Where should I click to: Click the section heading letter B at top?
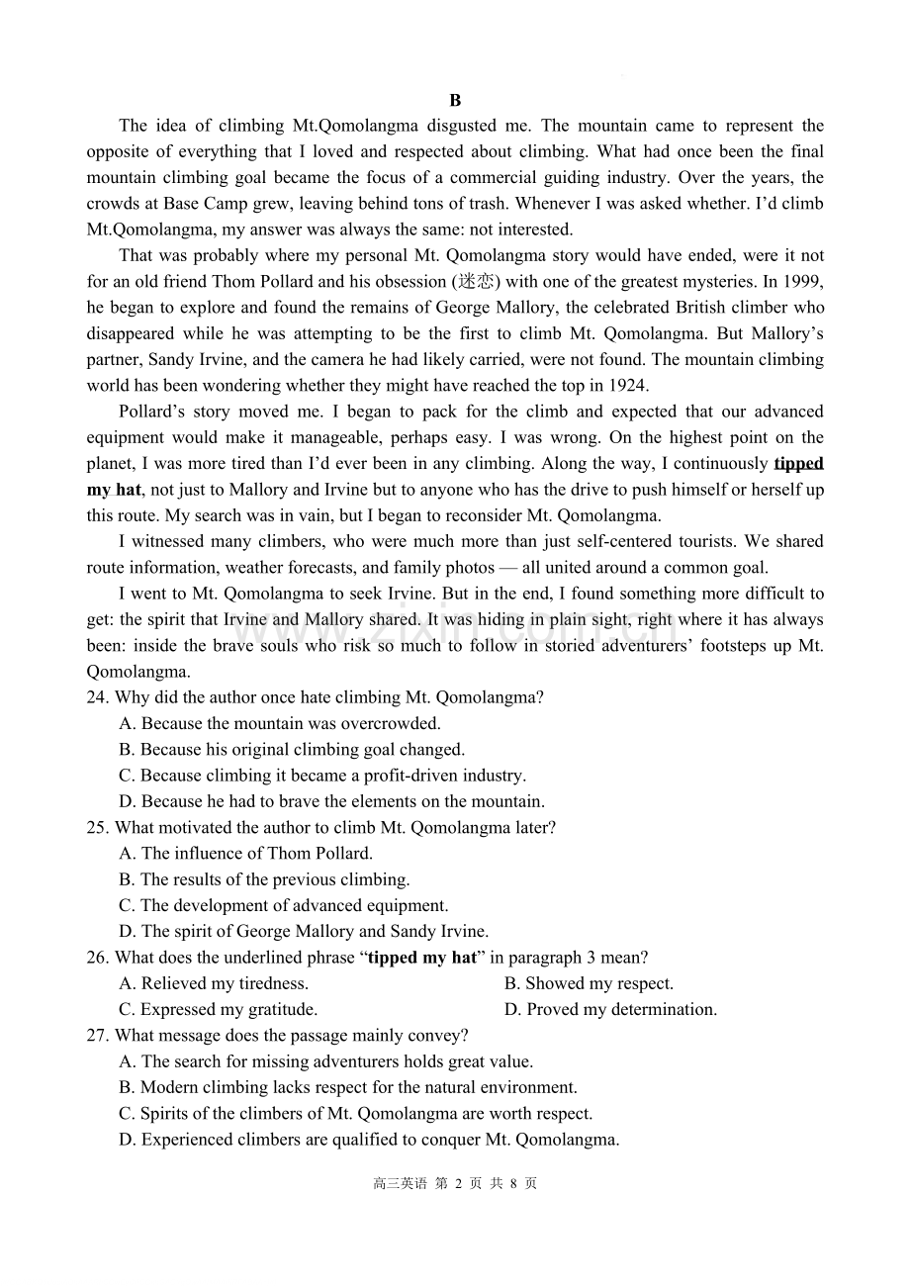pos(455,100)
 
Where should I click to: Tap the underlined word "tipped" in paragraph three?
pos(798,463)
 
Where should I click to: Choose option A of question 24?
pos(280,723)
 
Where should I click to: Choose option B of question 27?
pos(348,1087)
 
